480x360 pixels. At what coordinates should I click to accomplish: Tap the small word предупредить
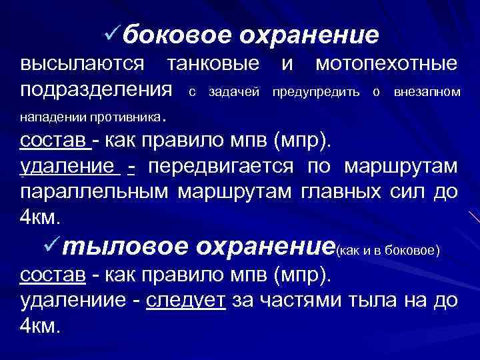tap(316, 91)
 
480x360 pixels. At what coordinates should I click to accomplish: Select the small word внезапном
tap(427, 91)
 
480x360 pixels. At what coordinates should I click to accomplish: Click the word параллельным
tap(96, 192)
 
